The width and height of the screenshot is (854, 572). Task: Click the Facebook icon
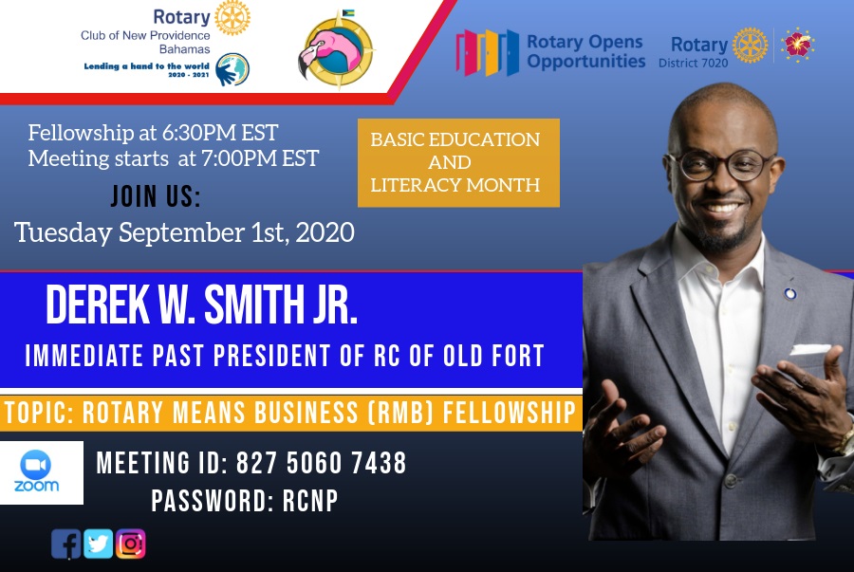click(65, 544)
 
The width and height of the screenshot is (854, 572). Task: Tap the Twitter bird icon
click(98, 544)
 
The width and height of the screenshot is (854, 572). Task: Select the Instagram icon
click(131, 544)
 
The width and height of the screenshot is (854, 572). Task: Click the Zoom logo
click(36, 472)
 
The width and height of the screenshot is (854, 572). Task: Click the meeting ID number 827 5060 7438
click(322, 463)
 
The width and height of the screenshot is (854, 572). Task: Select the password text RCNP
click(310, 501)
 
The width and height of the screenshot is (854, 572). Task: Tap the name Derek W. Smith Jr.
click(201, 304)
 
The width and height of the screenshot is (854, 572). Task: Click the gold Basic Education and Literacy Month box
click(458, 163)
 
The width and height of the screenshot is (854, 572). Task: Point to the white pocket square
click(810, 349)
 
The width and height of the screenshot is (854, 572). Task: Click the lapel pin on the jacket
click(789, 294)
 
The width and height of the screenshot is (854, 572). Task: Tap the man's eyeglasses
click(720, 165)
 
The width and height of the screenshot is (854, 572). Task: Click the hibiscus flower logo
click(798, 44)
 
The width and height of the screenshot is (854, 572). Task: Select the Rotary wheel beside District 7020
click(750, 46)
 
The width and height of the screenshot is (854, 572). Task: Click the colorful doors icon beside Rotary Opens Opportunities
click(488, 53)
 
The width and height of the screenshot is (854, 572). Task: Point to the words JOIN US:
click(156, 196)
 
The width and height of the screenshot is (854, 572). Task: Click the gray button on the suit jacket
click(730, 481)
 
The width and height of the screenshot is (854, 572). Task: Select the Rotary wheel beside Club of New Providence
click(232, 18)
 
